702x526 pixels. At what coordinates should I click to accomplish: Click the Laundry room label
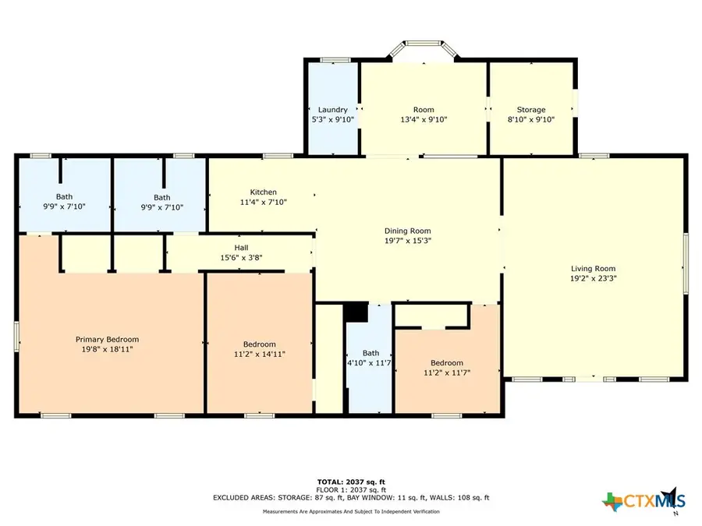332,110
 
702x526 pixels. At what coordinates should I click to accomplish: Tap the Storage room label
531,110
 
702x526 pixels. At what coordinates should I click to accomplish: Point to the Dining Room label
407,231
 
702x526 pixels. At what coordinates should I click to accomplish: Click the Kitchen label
263,192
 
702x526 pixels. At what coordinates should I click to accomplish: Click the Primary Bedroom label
107,339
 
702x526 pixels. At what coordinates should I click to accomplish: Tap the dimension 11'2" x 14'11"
259,355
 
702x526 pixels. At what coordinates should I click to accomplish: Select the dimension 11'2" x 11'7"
446,372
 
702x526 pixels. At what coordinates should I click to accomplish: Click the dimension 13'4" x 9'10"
424,120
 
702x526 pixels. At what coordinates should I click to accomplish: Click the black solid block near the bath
356,311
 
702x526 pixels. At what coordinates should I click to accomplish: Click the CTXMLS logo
642,500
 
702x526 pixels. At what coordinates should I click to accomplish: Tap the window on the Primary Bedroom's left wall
16,336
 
